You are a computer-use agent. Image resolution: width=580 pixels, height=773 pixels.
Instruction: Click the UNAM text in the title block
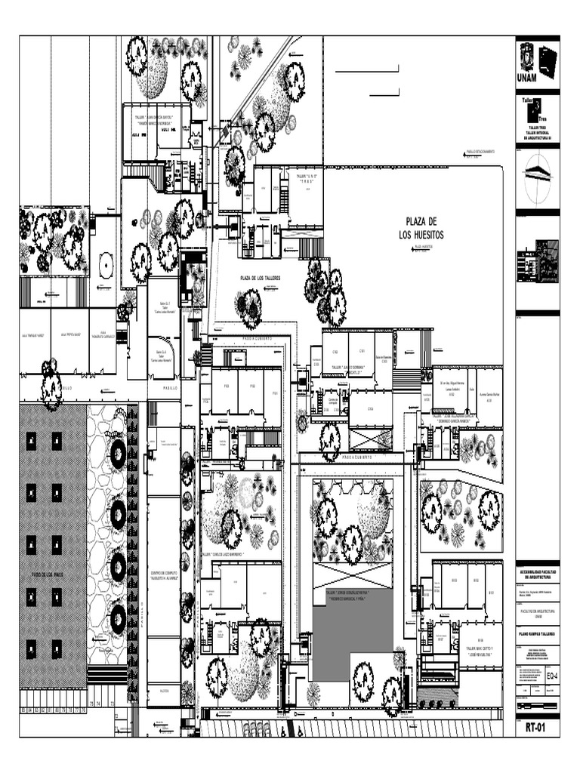click(527, 78)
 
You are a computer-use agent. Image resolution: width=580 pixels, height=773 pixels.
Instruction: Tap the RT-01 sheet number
click(537, 729)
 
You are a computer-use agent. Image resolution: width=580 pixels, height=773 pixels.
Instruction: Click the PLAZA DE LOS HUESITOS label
click(421, 228)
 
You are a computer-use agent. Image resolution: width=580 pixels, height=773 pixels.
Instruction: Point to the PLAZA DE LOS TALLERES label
click(261, 279)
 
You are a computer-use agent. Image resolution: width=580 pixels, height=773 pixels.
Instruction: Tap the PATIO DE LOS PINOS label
click(47, 575)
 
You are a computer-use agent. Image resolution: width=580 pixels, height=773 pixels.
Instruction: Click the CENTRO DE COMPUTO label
click(163, 575)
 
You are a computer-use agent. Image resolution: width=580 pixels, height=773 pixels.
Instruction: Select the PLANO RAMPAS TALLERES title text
click(537, 634)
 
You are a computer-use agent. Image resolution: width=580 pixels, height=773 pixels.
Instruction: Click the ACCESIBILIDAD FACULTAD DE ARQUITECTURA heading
click(537, 574)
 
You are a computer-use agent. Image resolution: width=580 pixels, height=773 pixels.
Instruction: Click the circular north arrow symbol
click(537, 168)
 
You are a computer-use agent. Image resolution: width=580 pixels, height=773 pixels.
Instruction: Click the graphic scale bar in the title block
click(537, 706)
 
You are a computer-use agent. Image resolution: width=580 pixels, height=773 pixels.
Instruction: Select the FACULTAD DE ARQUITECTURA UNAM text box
click(537, 614)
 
